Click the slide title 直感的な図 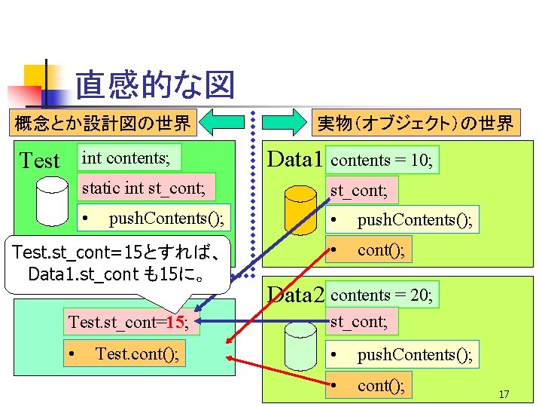[154, 85]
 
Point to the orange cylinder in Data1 [300, 207]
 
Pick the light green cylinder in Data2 [300, 344]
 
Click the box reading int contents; [129, 158]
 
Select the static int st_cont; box [148, 187]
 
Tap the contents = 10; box [382, 160]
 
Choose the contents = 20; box [382, 295]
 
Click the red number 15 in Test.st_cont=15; [176, 323]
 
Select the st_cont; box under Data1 [361, 191]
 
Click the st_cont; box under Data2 [361, 322]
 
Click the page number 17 [504, 394]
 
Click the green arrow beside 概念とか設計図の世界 [221, 121]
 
